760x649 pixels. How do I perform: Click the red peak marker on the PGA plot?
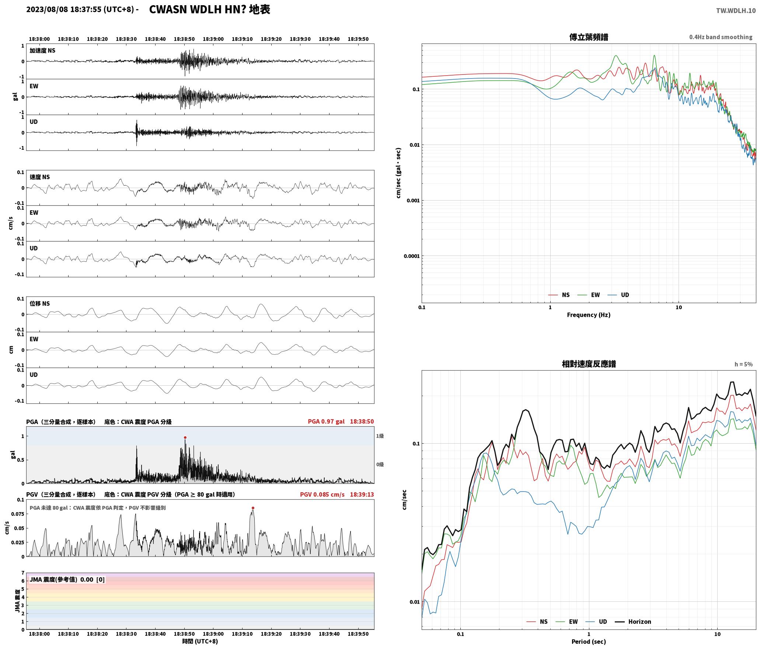point(185,437)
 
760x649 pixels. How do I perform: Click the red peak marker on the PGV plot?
point(253,508)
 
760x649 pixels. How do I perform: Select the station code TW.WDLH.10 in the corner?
point(736,11)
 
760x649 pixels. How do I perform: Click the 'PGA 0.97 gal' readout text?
point(326,421)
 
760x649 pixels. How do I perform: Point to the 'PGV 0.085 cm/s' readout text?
point(322,494)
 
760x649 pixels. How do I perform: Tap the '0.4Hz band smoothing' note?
point(721,37)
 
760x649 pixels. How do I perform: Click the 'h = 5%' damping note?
point(743,364)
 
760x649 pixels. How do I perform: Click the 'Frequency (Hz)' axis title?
point(589,315)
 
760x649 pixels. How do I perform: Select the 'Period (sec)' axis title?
point(589,642)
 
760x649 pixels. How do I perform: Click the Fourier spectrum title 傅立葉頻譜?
point(589,37)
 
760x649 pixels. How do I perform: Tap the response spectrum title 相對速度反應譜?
point(589,364)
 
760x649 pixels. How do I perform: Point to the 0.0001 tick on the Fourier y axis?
point(412,256)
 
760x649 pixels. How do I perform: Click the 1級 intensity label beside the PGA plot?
point(380,436)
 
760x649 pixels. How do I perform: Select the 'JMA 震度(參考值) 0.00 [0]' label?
point(67,580)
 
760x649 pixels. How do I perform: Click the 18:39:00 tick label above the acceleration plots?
point(213,39)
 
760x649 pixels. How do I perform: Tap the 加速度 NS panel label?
point(42,51)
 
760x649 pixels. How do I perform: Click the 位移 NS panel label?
point(39,303)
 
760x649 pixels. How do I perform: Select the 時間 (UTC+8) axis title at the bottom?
point(200,642)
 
